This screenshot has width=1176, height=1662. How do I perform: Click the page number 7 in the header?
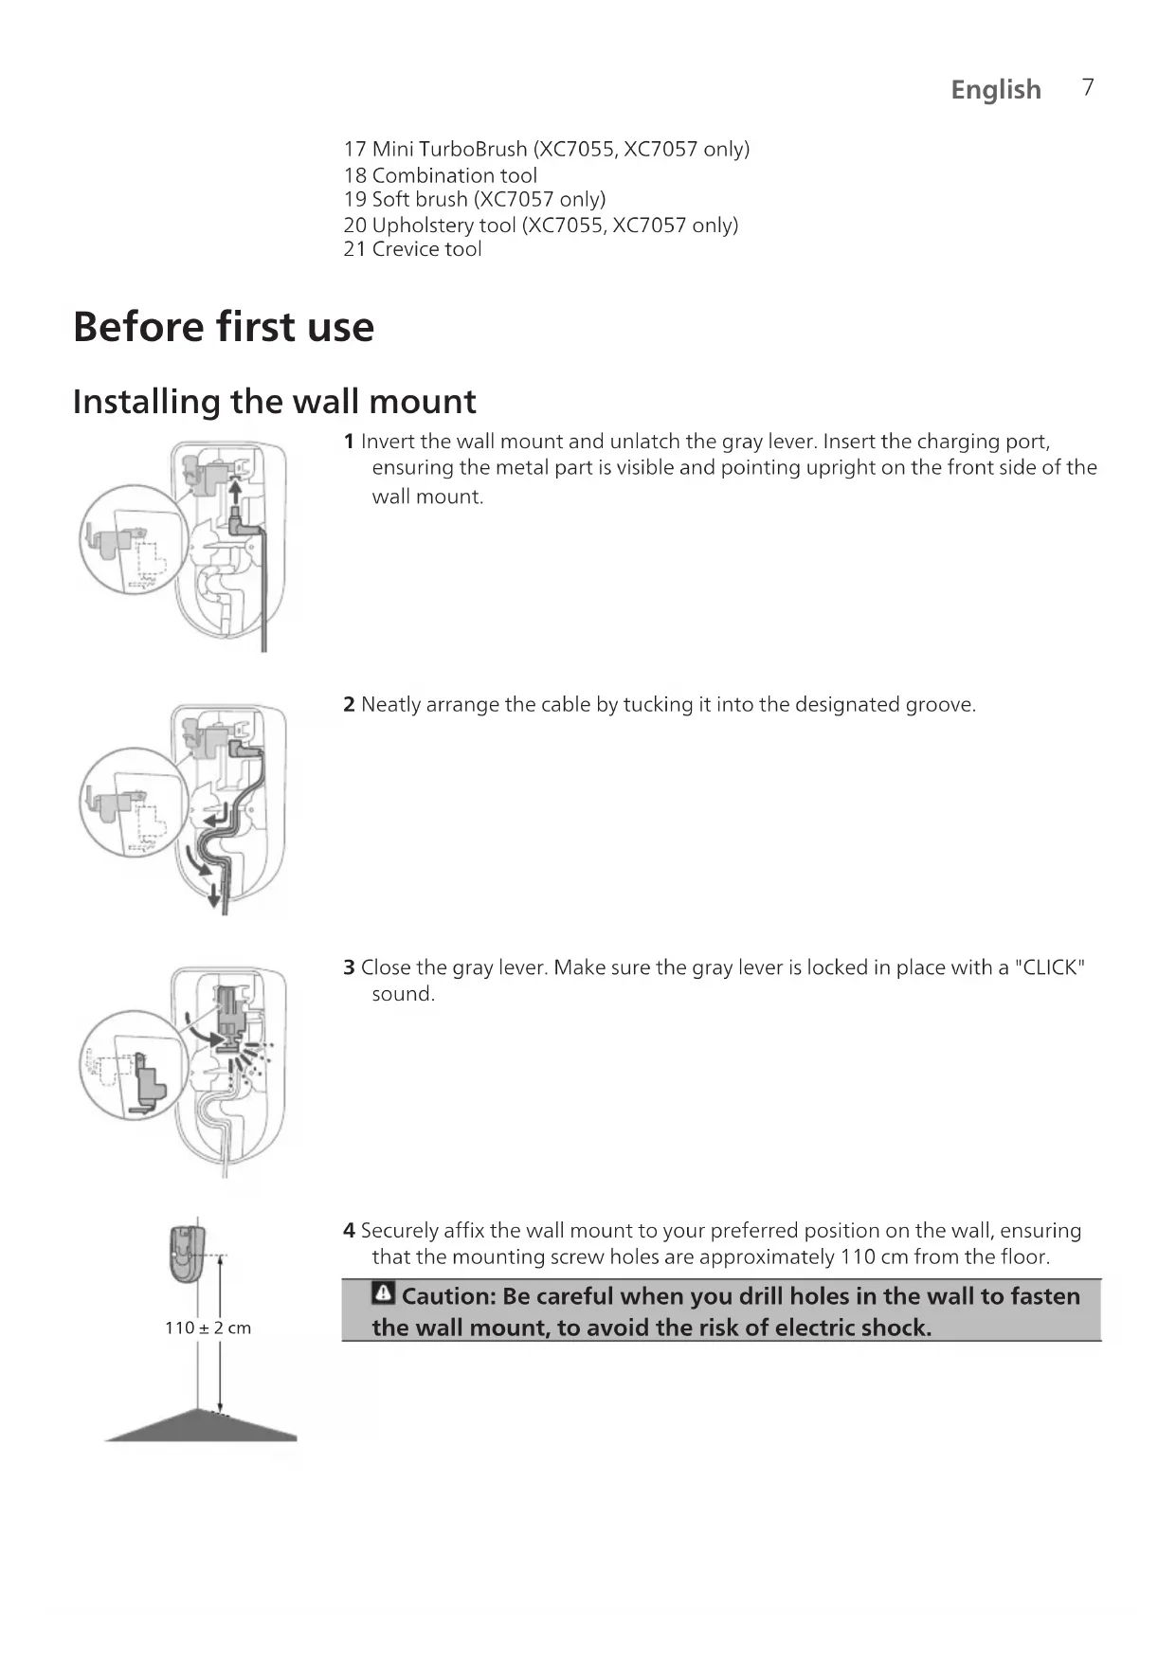coord(1088,87)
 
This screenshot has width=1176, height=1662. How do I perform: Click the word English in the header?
coord(996,89)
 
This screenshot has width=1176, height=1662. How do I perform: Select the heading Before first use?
coord(224,327)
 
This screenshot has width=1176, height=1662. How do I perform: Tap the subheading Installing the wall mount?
coord(275,402)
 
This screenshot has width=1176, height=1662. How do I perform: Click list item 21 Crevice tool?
coord(412,249)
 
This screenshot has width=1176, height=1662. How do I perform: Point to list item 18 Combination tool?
coord(440,175)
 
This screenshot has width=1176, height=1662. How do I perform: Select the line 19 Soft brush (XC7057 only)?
coord(474,199)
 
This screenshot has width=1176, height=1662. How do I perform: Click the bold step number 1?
coord(349,442)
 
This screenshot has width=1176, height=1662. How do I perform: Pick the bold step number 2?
coord(349,705)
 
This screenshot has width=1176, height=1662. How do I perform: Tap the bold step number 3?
coord(349,967)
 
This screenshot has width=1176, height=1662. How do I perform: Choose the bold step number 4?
coord(349,1231)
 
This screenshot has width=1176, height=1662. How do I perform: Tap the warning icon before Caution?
coord(384,1293)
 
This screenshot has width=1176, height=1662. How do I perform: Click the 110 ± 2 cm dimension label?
coord(208,1328)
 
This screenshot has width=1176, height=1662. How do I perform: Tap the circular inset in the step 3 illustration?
coord(133,1065)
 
